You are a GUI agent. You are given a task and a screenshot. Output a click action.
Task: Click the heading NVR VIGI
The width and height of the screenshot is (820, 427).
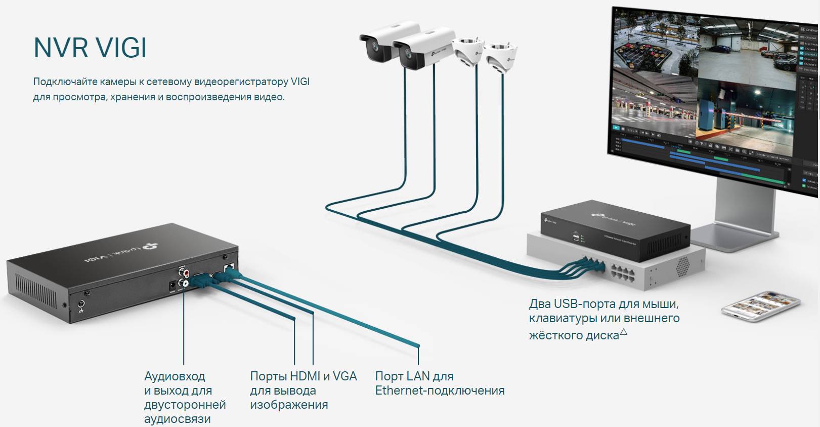[90, 48]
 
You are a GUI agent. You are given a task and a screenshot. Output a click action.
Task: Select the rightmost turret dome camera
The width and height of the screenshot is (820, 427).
[500, 55]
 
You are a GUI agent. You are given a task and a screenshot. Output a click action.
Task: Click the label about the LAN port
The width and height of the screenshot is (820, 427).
[439, 383]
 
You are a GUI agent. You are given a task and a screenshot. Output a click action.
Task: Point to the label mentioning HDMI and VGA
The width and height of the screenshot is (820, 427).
[303, 391]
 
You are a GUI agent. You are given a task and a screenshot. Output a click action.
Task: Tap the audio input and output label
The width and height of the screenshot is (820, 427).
[184, 397]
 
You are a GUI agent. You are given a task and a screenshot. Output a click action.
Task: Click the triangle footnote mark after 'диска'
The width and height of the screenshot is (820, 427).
[623, 332]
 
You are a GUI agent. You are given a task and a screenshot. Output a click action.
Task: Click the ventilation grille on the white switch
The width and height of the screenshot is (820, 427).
[682, 264]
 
